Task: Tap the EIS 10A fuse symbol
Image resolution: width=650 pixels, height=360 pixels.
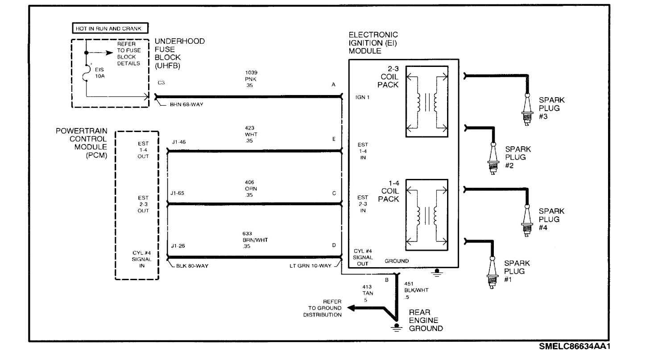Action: tap(86, 73)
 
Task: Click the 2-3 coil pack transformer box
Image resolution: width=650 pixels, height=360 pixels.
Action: tap(426, 101)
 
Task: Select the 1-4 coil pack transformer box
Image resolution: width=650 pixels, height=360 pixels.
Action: tap(426, 214)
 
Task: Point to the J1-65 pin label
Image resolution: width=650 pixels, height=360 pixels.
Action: tap(178, 194)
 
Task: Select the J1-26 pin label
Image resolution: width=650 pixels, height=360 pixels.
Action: tap(178, 246)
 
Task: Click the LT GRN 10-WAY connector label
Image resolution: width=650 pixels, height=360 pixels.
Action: tap(310, 266)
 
